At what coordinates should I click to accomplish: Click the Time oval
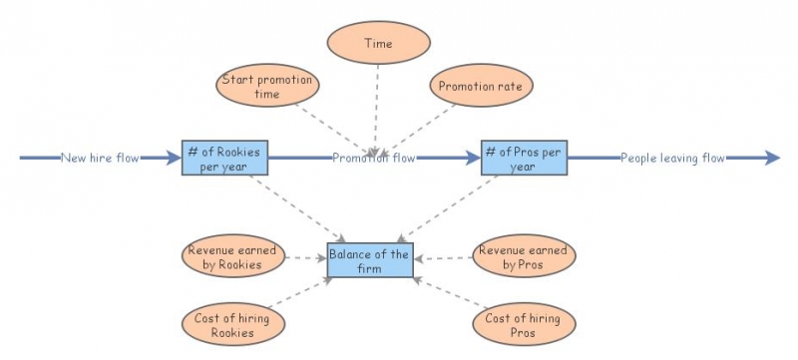pyautogui.click(x=378, y=44)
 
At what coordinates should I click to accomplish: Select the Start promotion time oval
pyautogui.click(x=267, y=87)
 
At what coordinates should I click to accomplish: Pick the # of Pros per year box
pyautogui.click(x=524, y=158)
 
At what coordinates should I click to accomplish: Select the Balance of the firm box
pyautogui.click(x=369, y=260)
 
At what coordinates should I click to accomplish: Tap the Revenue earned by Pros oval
pyautogui.click(x=524, y=257)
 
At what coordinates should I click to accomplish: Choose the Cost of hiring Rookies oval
pyautogui.click(x=231, y=323)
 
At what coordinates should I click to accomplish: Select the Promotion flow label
pyautogui.click(x=374, y=158)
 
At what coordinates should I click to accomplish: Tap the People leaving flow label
pyautogui.click(x=672, y=158)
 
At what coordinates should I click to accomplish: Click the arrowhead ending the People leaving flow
pyautogui.click(x=772, y=158)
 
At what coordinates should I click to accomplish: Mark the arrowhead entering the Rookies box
pyautogui.click(x=175, y=158)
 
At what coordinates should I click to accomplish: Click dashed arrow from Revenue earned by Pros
pyautogui.click(x=444, y=258)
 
